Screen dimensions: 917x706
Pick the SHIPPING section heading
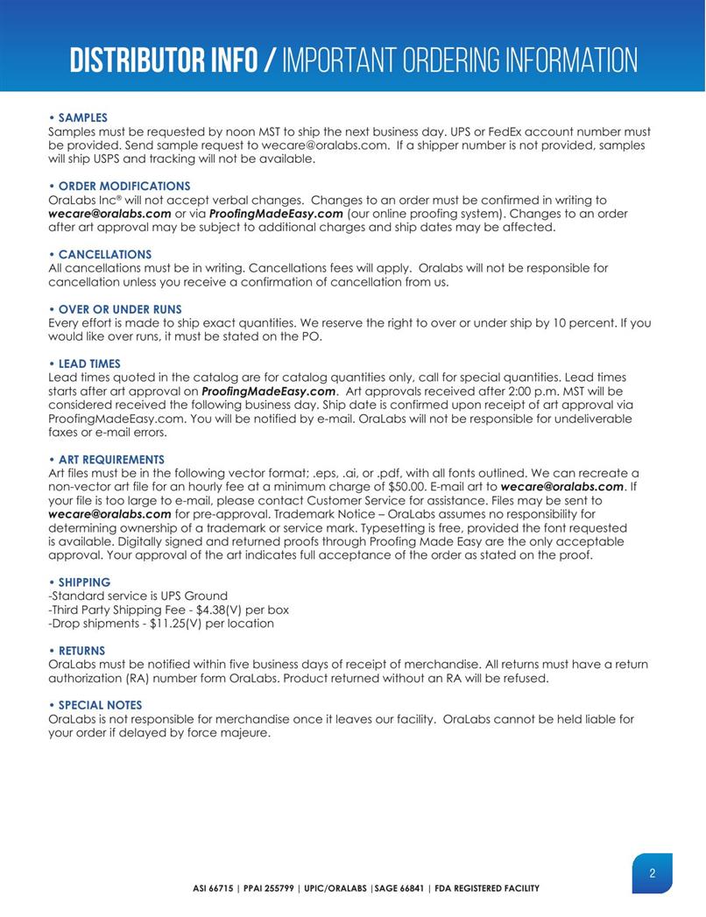[81, 582]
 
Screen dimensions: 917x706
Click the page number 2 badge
[653, 873]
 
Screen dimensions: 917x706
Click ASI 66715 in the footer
[218, 889]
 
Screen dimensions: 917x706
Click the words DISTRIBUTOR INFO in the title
[165, 60]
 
